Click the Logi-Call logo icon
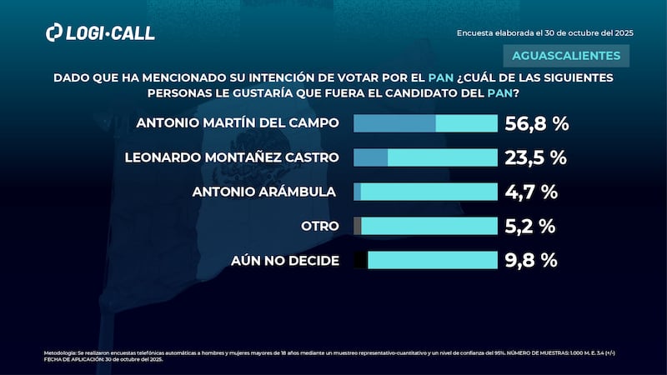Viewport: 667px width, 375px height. pos(54,32)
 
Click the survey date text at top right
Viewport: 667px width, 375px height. pos(545,32)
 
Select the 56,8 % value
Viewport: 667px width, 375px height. pos(537,124)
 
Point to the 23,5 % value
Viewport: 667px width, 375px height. pos(536,158)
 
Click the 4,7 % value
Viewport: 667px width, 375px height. pos(530,192)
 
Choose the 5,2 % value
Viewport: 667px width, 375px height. pos(530,226)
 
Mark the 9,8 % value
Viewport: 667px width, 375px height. pos(530,260)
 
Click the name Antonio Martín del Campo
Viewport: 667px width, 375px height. pos(237,123)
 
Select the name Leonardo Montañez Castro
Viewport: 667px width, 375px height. pos(232,157)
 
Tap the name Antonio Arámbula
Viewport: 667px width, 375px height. pos(264,192)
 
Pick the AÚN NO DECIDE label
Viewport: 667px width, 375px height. pos(285,260)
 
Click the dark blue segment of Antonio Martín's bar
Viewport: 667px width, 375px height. pos(394,124)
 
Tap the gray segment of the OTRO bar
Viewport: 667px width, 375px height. pos(358,226)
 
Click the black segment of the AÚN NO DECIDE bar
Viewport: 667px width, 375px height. pos(360,260)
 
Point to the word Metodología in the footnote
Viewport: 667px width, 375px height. pos(59,353)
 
